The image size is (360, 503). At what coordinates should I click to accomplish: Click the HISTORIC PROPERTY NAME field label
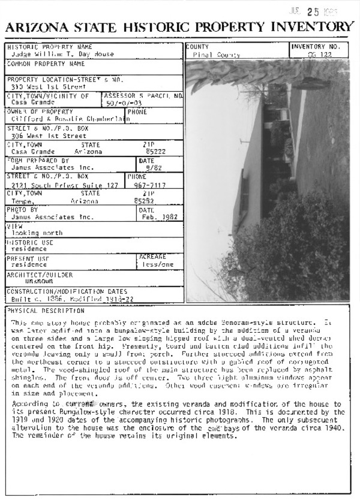pos(50,47)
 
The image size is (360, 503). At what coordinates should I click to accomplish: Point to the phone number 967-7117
pos(146,185)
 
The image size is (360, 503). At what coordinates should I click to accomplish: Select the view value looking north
pos(37,233)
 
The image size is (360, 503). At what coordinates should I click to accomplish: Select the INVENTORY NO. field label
pos(316,47)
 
